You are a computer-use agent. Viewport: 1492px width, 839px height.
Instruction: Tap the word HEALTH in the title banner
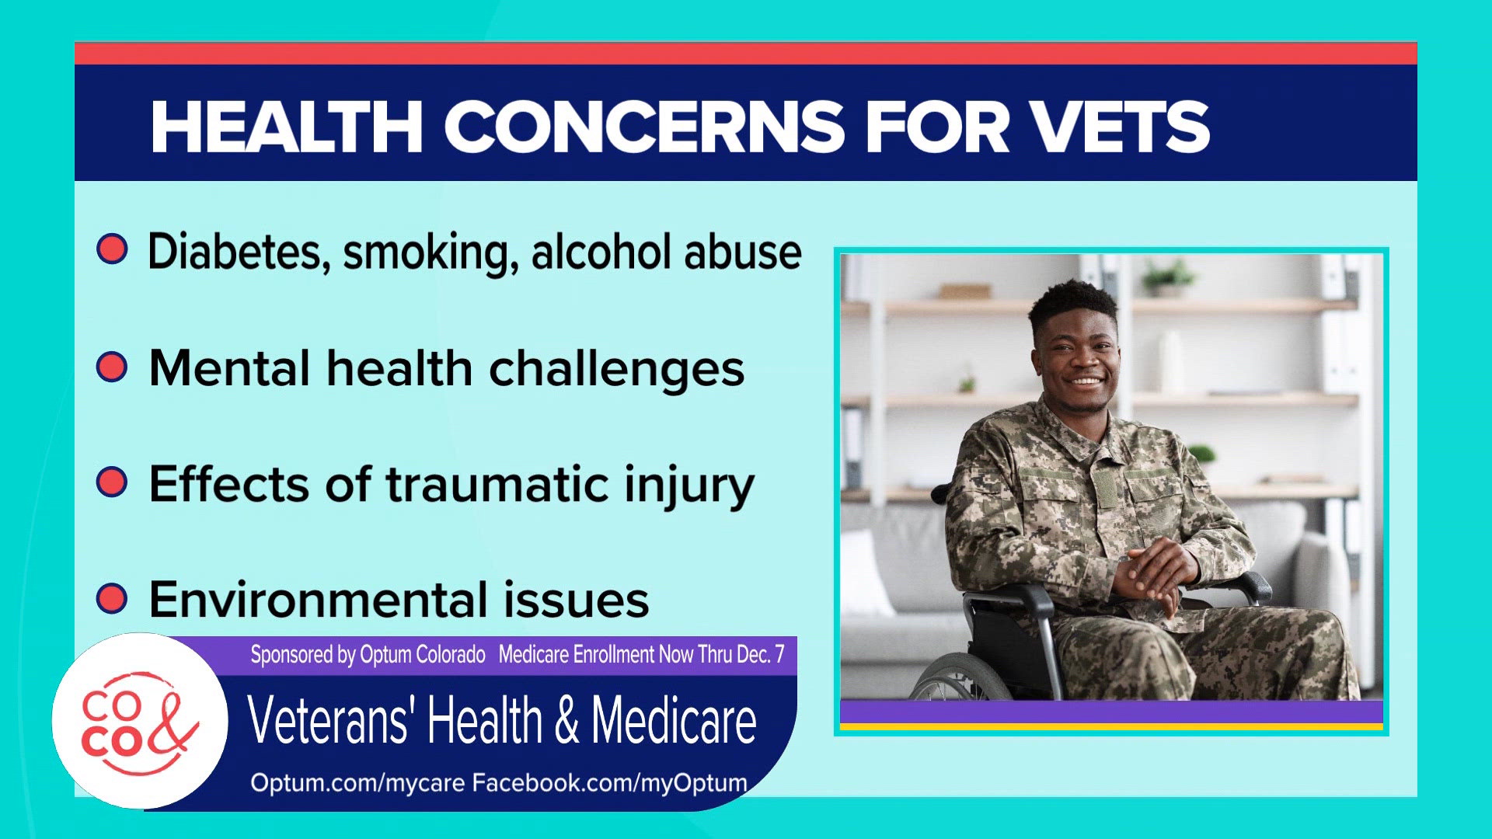tap(286, 127)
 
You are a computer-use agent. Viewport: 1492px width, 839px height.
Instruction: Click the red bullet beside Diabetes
tap(112, 249)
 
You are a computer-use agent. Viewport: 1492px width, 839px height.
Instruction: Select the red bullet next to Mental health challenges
tap(112, 366)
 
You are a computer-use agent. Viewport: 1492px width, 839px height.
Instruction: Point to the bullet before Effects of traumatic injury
tap(112, 482)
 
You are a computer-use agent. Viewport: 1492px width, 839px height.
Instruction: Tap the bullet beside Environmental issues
tap(112, 598)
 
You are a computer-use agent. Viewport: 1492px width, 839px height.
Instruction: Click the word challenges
tap(616, 368)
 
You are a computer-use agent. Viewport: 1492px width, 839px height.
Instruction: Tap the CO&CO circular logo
tap(140, 721)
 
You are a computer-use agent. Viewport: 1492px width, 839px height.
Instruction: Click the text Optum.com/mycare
tap(357, 783)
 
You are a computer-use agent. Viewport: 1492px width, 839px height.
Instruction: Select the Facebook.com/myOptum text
tap(609, 783)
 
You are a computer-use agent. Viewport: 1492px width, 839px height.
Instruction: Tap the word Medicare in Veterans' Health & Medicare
tap(674, 721)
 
